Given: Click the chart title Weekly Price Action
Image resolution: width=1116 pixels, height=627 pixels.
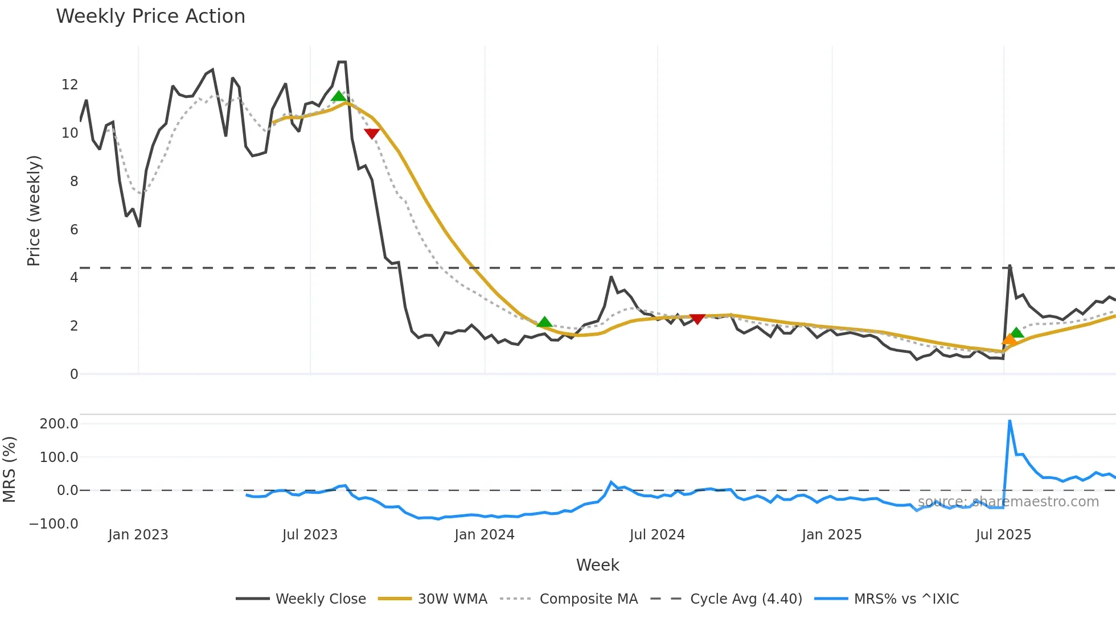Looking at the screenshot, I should (x=150, y=16).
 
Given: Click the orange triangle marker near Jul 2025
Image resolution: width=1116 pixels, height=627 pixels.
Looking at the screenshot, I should (x=1010, y=340).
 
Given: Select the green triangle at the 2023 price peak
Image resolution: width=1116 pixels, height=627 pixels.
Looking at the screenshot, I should (x=339, y=96).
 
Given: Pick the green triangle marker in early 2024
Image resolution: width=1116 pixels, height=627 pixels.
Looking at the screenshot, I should (x=544, y=323).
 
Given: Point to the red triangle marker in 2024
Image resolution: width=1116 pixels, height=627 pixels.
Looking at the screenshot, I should (x=697, y=319).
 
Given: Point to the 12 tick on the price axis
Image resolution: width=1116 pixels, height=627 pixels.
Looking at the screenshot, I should (x=69, y=85).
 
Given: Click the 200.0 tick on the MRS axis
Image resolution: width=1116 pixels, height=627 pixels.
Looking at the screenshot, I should (x=59, y=423).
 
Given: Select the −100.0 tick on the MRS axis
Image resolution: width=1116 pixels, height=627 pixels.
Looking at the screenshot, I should (x=54, y=523).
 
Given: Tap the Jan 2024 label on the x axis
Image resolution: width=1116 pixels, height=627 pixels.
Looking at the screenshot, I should (x=484, y=535).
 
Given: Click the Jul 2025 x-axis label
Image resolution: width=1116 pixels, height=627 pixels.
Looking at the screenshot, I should (x=1003, y=535).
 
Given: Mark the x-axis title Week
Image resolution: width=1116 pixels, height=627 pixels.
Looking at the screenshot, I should (x=597, y=565).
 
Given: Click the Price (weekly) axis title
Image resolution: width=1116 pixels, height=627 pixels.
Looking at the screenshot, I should (x=34, y=211).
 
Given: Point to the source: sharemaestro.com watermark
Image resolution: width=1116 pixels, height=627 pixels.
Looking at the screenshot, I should (x=1008, y=502).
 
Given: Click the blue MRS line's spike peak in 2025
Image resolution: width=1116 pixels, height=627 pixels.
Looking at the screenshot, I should (x=1010, y=421).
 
